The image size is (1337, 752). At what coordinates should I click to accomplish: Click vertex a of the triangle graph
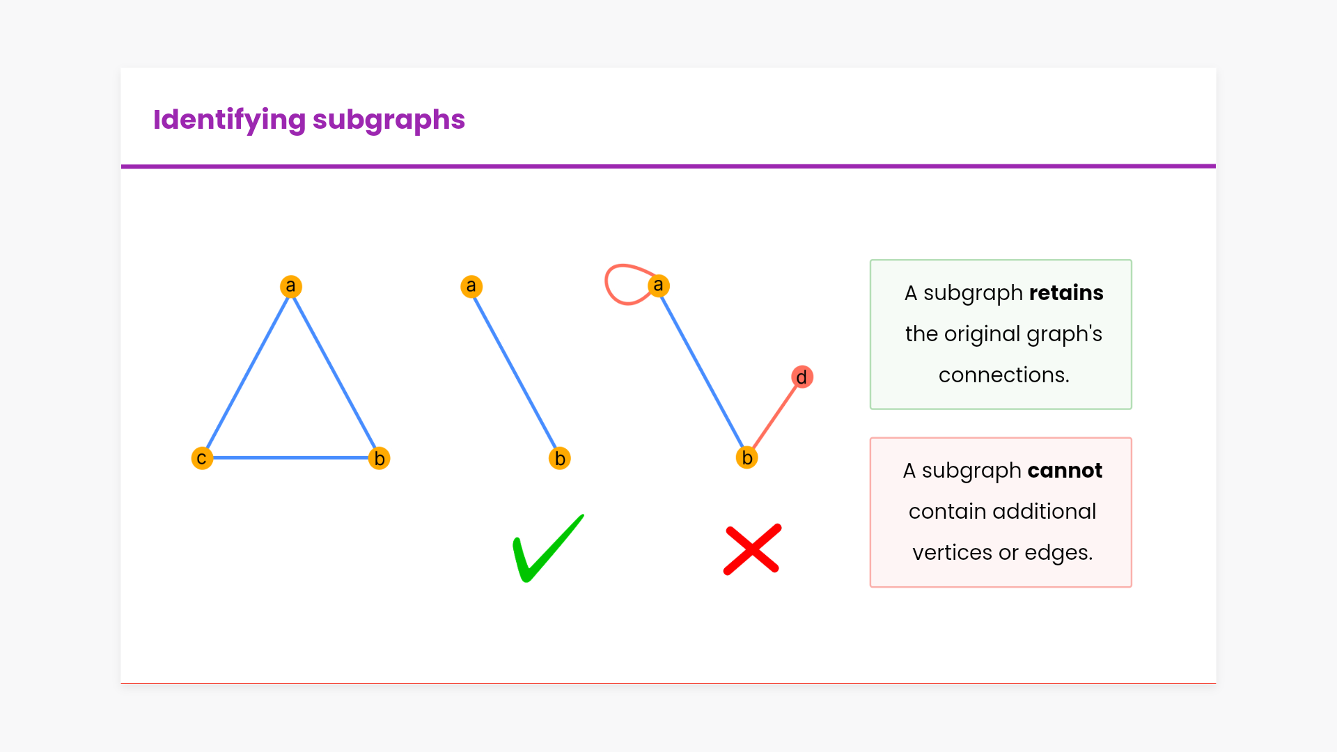pos(291,286)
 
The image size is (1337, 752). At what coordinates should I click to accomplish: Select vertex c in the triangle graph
pos(202,458)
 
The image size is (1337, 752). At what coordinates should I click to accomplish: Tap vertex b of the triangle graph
pos(380,458)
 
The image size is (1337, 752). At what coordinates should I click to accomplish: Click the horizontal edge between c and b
pos(290,457)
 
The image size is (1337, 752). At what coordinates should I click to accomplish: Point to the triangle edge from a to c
pos(247,371)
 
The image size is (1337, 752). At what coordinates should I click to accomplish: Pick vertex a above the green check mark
pos(471,286)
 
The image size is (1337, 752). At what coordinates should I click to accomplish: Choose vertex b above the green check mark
pos(560,458)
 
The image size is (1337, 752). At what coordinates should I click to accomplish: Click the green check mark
pos(547,550)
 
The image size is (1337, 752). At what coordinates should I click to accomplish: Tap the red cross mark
pos(753,550)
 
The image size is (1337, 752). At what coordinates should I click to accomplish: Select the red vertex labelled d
pos(802,377)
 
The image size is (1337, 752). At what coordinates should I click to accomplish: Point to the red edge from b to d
pos(775,416)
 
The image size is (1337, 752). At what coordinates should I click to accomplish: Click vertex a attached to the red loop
pos(659,285)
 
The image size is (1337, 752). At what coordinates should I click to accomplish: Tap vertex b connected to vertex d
pos(746,457)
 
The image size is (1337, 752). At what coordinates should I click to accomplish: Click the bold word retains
pos(1066,293)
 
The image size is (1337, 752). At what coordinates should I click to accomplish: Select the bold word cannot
pos(1065,471)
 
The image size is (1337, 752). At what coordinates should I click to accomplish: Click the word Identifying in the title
pos(229,120)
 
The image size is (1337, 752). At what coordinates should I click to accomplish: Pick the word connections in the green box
pos(1003,375)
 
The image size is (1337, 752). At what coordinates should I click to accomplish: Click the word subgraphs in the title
pos(389,120)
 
